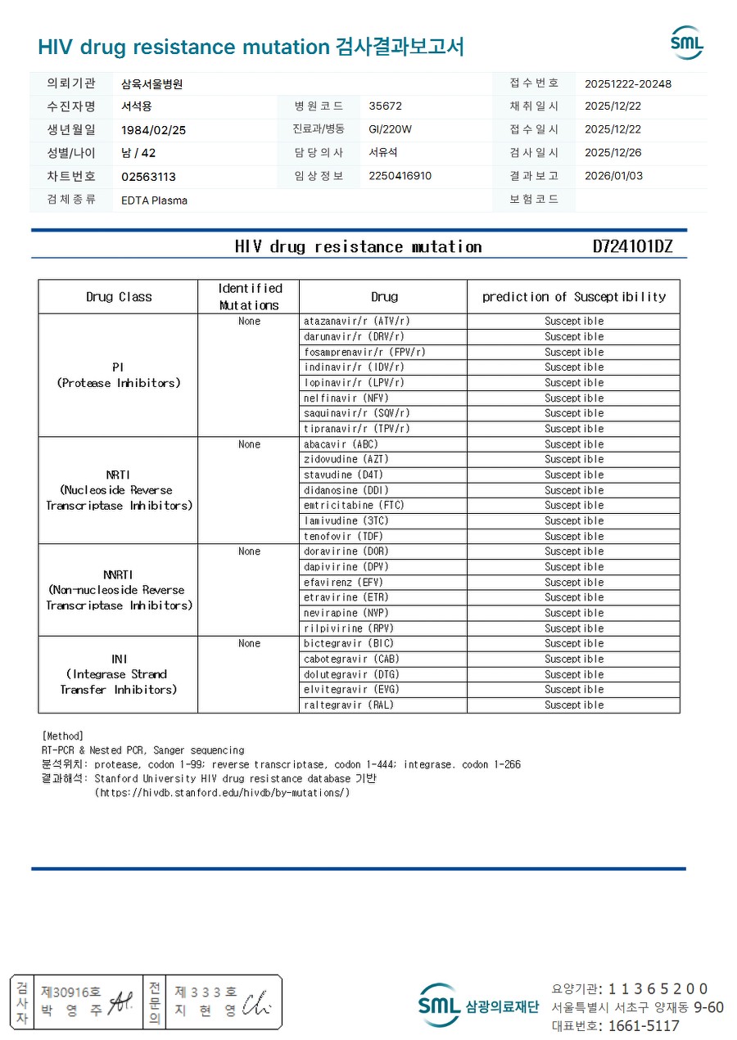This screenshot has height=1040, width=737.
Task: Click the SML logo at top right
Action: (x=686, y=43)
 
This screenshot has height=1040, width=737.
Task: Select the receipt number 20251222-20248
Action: (x=628, y=83)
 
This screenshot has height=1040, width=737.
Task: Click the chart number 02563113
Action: (x=148, y=177)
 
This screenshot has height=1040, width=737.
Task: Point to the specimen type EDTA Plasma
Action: (x=154, y=200)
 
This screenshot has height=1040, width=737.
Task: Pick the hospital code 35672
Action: (x=385, y=106)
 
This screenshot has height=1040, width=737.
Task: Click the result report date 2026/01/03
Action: (x=613, y=176)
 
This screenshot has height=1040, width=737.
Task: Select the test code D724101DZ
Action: (x=632, y=246)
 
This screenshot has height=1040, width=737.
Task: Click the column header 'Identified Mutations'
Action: (x=249, y=296)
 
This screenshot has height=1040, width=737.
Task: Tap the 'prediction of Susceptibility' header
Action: (x=573, y=296)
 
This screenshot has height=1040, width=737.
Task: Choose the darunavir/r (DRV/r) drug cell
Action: (x=354, y=336)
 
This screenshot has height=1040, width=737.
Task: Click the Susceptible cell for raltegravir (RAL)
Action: (x=573, y=705)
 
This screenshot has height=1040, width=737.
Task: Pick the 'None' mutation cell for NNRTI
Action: (x=249, y=552)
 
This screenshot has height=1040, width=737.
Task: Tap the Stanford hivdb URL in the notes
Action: (x=222, y=792)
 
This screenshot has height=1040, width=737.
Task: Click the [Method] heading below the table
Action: (x=62, y=736)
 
